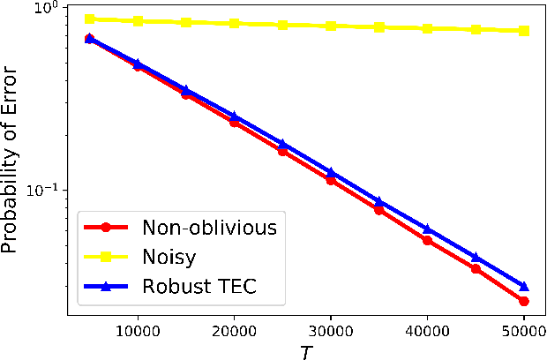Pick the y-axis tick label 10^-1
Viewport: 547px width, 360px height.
41,190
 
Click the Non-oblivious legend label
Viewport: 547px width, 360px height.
209,227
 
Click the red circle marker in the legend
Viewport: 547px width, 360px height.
105,227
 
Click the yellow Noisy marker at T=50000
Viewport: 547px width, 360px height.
524,31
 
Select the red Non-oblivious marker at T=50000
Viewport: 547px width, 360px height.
524,301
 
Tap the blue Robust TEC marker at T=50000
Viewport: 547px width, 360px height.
524,286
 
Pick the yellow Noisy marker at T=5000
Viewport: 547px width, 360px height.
90,19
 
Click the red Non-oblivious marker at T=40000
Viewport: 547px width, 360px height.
428,240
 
